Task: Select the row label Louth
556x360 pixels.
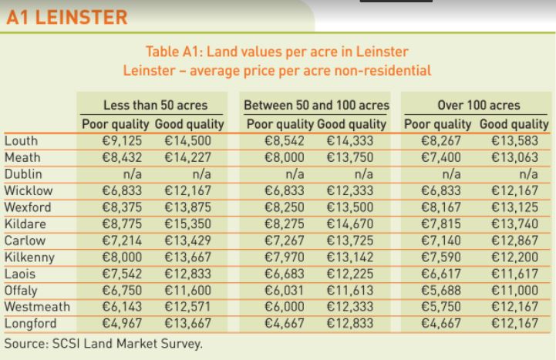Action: click(x=20, y=140)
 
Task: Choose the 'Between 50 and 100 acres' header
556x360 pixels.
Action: click(x=316, y=106)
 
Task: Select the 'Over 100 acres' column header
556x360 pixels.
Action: click(x=478, y=106)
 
